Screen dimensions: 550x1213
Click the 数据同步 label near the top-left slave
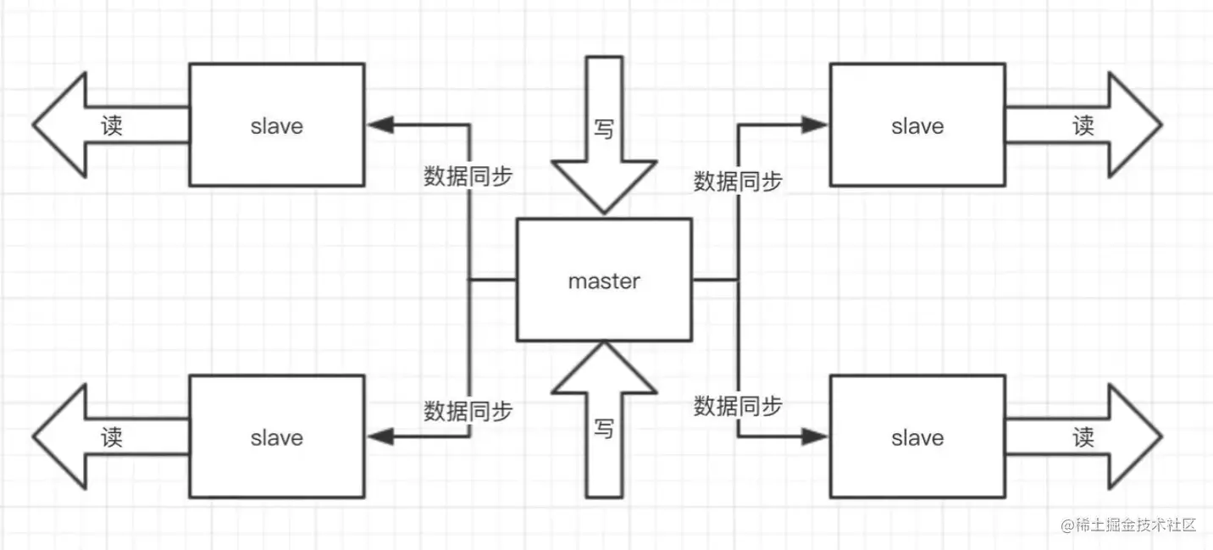(468, 176)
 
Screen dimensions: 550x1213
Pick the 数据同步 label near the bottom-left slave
(468, 411)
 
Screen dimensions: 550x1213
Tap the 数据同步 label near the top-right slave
(738, 181)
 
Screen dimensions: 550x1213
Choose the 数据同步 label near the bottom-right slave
(738, 405)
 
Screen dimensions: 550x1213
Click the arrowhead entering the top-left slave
(379, 125)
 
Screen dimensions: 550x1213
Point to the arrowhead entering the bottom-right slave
(815, 436)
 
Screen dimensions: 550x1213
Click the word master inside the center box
(604, 281)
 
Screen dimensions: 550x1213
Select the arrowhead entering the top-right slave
(815, 125)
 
